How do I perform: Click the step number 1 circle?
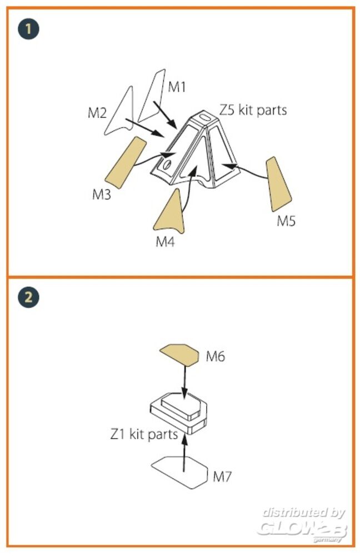[x=28, y=29]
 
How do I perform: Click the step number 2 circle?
[x=28, y=296]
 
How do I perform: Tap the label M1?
[x=177, y=87]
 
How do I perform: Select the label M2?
[x=97, y=113]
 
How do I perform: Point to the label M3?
[x=101, y=194]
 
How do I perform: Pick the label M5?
[x=286, y=221]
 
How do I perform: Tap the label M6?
[x=216, y=356]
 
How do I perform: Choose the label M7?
[x=222, y=476]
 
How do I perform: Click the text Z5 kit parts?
[x=253, y=110]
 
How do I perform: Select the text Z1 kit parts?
[x=144, y=434]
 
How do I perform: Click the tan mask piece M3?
[x=126, y=163]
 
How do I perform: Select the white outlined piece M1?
[x=152, y=96]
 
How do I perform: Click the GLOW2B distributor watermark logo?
[x=302, y=525]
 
